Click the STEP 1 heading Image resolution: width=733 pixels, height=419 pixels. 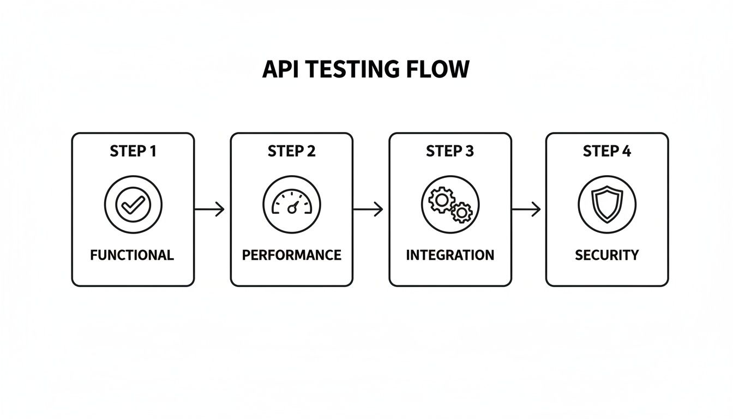[x=133, y=151]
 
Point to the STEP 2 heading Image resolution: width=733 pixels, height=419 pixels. [x=292, y=151]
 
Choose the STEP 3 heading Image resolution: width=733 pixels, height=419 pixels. [x=450, y=151]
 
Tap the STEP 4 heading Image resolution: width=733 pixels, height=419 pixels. [x=607, y=151]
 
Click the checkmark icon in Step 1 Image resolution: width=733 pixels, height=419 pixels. [x=133, y=205]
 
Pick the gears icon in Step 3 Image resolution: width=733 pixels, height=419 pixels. [x=450, y=205]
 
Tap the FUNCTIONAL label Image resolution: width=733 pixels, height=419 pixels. [x=132, y=255]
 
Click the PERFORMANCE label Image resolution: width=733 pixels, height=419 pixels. [x=292, y=255]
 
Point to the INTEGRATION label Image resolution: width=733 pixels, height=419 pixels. [x=450, y=255]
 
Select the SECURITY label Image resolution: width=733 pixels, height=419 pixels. [x=607, y=255]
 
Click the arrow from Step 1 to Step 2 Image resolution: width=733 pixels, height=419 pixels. [x=210, y=209]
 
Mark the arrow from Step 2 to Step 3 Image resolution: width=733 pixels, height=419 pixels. [x=368, y=209]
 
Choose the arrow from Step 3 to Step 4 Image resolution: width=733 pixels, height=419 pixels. [x=526, y=209]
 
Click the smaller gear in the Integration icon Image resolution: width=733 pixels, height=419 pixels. [x=461, y=212]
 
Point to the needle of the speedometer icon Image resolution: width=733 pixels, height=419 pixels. [x=293, y=207]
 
